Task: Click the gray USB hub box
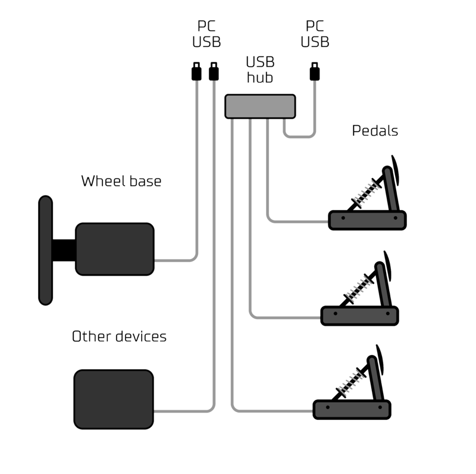[260, 106]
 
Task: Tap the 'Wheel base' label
[121, 181]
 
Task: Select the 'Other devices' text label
[119, 336]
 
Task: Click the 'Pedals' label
[375, 130]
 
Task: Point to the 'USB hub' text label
[259, 70]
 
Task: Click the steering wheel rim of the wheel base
[45, 250]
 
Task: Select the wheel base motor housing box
[115, 249]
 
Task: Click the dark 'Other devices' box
[114, 399]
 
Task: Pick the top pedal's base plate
[367, 220]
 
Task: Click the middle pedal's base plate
[359, 315]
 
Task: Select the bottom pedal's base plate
[352, 410]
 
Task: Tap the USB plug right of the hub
[314, 72]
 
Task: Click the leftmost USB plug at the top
[195, 72]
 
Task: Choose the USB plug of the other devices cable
[214, 72]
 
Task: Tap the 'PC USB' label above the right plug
[315, 34]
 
